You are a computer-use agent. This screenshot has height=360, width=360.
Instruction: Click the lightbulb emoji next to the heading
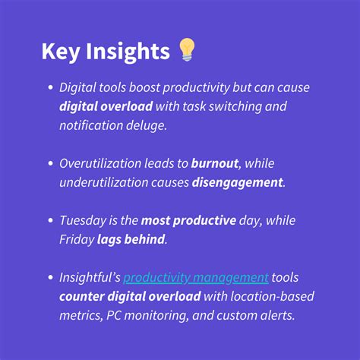pyautogui.click(x=186, y=51)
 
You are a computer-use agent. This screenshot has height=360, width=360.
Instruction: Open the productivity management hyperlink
pyautogui.click(x=196, y=276)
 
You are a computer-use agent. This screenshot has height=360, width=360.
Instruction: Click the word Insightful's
pyautogui.click(x=90, y=276)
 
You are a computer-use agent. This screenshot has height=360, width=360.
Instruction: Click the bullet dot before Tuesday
pyautogui.click(x=49, y=220)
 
